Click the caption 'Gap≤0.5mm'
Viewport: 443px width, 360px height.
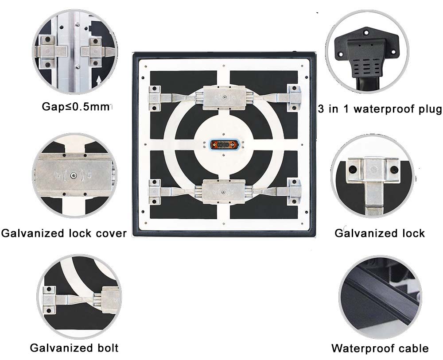pos(75,107)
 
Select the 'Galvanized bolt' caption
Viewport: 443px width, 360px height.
pos(74,348)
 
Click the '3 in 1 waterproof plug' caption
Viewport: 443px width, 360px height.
pos(380,109)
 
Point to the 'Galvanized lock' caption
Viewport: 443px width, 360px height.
pos(380,233)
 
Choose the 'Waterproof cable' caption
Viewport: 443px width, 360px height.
pos(380,348)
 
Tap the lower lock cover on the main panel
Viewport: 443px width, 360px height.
pos(224,191)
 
